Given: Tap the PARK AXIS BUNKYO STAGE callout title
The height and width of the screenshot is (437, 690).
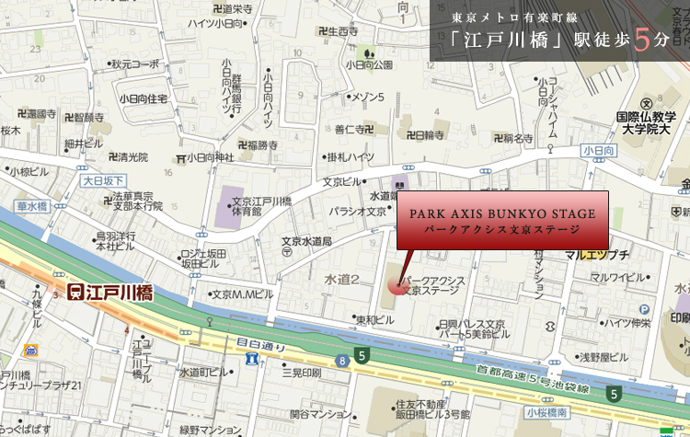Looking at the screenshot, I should [502, 213].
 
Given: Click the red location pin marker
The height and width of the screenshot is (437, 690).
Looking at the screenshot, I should [396, 286].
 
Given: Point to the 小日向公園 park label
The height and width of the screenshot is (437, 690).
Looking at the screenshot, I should [369, 64].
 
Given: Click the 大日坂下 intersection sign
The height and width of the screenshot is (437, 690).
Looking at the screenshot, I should [102, 181].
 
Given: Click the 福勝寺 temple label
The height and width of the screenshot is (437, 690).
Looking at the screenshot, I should [258, 144].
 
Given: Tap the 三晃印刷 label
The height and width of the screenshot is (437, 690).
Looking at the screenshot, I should [301, 374].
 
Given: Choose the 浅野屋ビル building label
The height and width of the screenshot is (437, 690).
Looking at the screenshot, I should [604, 357].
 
